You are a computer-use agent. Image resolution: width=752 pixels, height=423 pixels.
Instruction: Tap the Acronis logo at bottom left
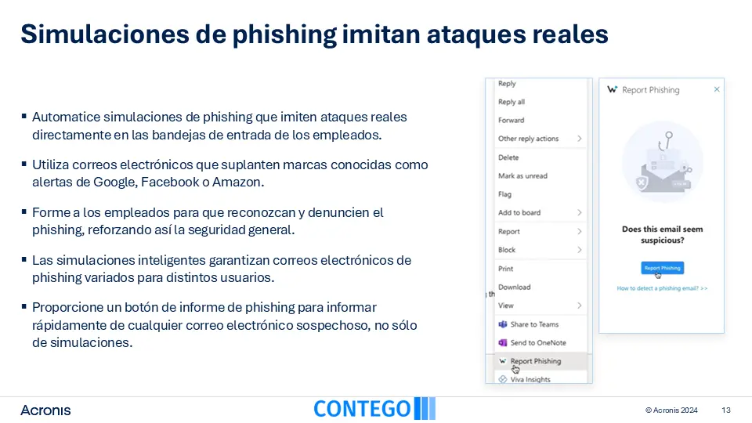[45, 410]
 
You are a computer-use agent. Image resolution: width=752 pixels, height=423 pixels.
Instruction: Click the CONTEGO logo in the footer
[374, 409]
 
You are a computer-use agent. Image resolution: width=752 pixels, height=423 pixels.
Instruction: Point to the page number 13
[725, 410]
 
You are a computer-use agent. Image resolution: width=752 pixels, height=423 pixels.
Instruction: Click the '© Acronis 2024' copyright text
[671, 410]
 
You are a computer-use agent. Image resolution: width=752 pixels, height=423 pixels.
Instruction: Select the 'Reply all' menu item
[512, 102]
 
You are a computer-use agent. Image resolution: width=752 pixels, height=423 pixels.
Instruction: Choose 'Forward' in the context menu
[512, 121]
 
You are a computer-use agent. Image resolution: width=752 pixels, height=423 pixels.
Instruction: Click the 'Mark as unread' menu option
[522, 176]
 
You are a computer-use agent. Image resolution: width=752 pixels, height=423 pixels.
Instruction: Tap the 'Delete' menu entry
[508, 157]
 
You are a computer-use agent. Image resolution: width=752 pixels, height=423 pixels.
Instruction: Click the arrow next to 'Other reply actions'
[580, 139]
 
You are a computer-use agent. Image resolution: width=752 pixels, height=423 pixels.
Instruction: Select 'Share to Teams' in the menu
[534, 324]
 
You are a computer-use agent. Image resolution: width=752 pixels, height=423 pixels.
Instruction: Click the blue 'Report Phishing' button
[663, 268]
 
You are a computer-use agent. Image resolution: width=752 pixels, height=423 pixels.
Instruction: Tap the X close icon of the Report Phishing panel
[717, 89]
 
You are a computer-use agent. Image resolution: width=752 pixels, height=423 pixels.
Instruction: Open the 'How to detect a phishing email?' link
[662, 288]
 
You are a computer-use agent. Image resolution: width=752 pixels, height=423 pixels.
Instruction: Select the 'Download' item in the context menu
[514, 287]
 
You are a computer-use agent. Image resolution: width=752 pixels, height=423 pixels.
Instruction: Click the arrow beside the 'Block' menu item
[580, 250]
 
